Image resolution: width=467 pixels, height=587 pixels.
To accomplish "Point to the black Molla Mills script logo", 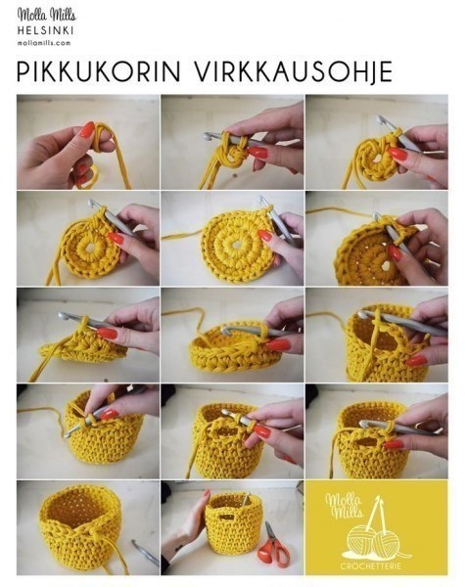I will tap(44, 15).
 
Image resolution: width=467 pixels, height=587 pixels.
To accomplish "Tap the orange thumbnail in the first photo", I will tap(87, 129).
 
